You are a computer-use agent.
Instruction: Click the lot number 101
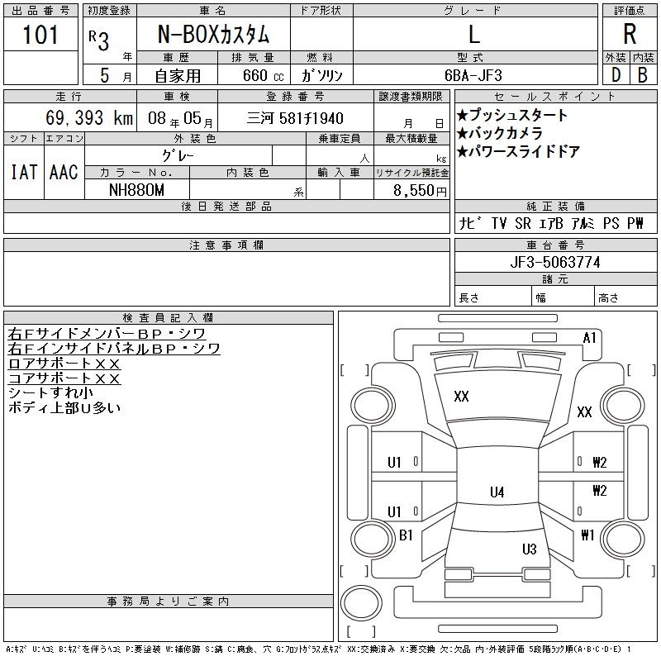tap(41, 35)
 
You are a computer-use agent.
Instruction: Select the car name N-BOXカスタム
tap(213, 35)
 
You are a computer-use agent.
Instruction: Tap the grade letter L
tap(473, 35)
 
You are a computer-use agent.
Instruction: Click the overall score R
tap(630, 35)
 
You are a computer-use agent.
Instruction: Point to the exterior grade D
tap(616, 74)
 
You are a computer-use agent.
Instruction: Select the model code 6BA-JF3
tap(473, 75)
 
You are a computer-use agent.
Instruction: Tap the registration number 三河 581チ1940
tap(295, 119)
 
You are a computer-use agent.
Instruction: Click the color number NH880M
tap(137, 190)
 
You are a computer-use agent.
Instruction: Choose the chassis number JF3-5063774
tap(555, 263)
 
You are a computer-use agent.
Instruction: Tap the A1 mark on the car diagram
tap(590, 337)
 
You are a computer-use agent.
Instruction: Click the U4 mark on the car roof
tap(497, 492)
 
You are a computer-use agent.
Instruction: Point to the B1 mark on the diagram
tap(406, 535)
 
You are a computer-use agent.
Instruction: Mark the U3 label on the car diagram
tap(530, 549)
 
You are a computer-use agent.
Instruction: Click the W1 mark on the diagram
tap(587, 535)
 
